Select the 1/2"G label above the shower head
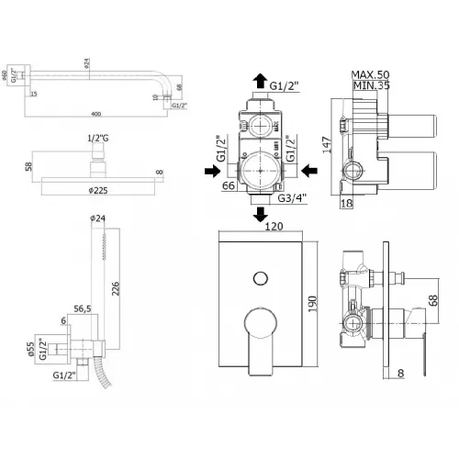coord(96,139)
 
